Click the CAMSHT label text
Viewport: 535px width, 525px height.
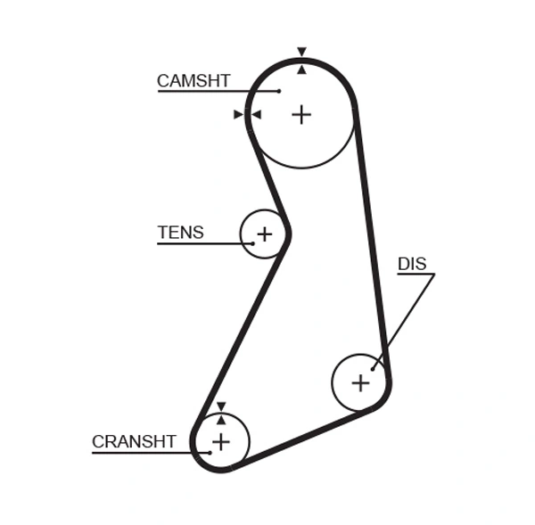pos(193,81)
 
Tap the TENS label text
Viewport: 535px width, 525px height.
pos(180,233)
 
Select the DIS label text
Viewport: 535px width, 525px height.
pos(412,264)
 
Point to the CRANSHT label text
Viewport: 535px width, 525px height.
pos(134,441)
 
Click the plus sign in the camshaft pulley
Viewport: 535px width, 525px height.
pos(301,114)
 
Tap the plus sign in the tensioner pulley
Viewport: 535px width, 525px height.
pos(264,234)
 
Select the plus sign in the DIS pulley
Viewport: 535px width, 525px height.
pos(360,383)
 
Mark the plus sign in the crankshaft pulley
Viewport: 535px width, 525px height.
pos(220,441)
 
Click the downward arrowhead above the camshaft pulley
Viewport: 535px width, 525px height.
pos(301,52)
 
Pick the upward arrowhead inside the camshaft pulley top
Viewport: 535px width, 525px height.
pos(301,69)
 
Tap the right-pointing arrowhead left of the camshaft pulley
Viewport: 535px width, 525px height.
pos(238,114)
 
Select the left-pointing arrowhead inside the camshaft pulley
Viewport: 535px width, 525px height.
pos(256,114)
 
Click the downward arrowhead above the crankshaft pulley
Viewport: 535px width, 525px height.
pos(220,406)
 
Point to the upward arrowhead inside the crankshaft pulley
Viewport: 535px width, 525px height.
pos(220,420)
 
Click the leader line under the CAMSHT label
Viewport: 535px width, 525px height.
pos(214,91)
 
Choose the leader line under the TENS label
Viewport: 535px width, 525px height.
pos(201,243)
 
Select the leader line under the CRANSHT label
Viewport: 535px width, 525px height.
pos(147,452)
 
